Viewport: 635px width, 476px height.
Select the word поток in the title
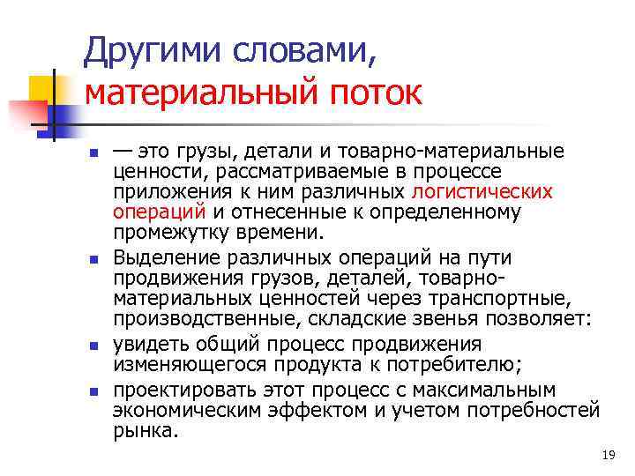click(x=385, y=93)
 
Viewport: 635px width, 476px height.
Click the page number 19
click(x=607, y=455)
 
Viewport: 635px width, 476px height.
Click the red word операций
click(x=159, y=212)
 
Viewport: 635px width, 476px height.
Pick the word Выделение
click(x=165, y=257)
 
